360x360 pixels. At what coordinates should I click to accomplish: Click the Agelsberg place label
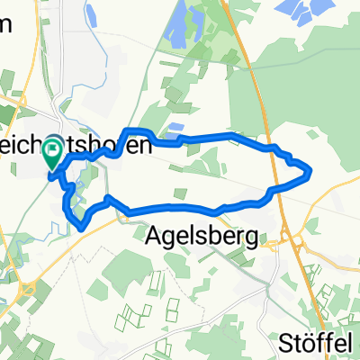click(202, 238)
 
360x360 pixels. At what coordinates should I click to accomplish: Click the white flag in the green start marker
click(54, 155)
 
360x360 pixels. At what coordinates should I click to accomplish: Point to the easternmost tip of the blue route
click(310, 169)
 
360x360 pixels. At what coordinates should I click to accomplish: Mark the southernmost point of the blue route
click(83, 229)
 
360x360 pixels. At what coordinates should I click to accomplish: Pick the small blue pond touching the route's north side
click(175, 130)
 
